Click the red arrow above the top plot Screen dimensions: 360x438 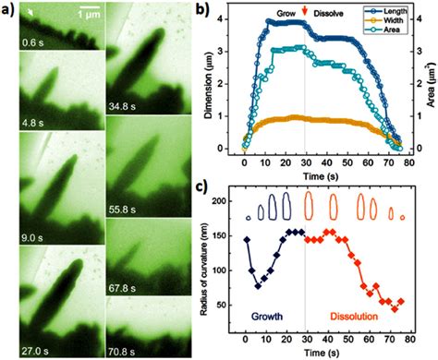coord(305,12)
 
